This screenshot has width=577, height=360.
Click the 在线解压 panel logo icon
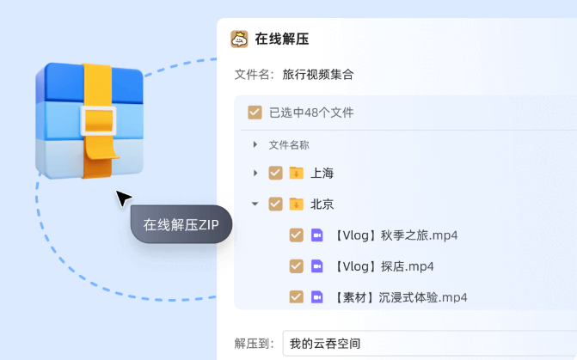(x=239, y=40)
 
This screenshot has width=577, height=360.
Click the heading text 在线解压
(x=282, y=40)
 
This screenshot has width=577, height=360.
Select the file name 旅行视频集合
(x=317, y=75)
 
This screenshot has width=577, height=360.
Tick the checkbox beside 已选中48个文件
(x=255, y=113)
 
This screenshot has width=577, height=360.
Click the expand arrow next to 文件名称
(x=255, y=145)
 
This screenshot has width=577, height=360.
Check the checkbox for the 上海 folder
(x=275, y=173)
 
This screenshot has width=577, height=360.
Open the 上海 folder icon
(x=296, y=173)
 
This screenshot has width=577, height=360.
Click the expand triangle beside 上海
(x=255, y=173)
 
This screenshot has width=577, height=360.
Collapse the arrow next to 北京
(x=255, y=204)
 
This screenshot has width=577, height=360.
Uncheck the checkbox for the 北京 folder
(x=275, y=204)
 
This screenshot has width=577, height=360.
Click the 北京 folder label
(x=322, y=204)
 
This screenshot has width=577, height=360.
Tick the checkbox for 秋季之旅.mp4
(x=296, y=235)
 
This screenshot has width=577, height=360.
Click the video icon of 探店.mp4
(x=316, y=266)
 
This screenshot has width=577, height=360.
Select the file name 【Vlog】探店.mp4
(x=384, y=266)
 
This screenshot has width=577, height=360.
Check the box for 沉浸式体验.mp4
(x=296, y=297)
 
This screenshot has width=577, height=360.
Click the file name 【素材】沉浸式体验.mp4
(x=401, y=297)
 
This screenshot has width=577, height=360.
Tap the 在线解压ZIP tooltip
(x=181, y=225)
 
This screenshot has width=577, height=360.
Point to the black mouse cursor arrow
(x=123, y=198)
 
